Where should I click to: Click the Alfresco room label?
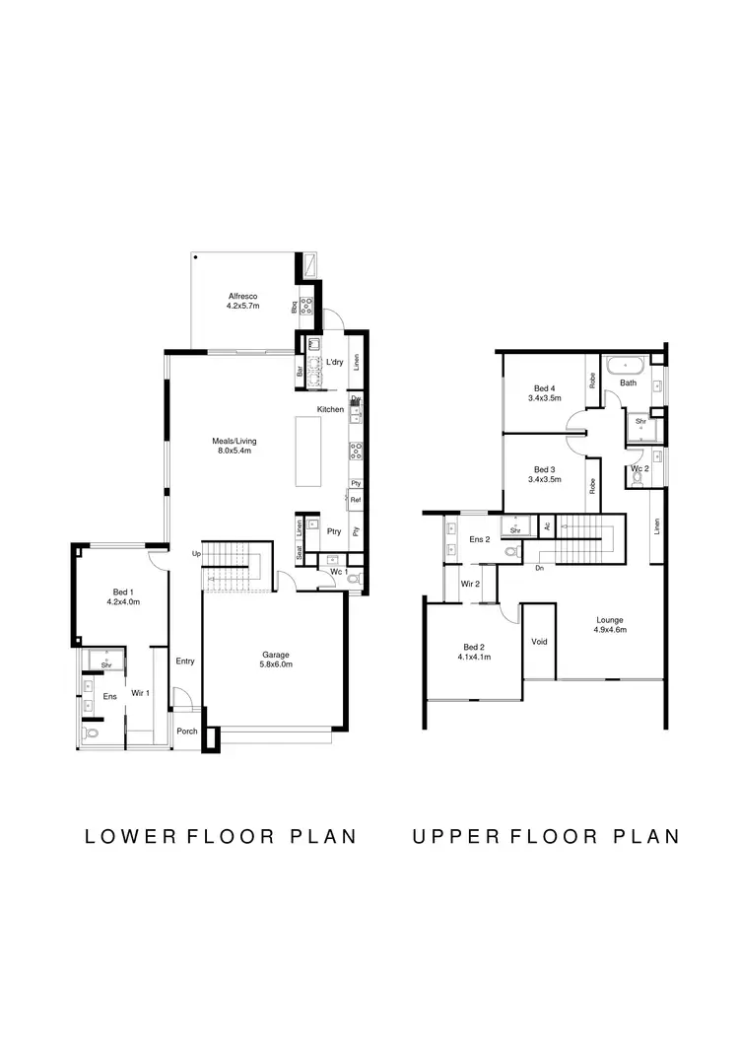click(x=242, y=296)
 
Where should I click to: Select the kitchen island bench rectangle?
click(x=309, y=450)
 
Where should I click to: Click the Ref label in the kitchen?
click(x=356, y=501)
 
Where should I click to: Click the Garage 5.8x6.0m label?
click(x=277, y=660)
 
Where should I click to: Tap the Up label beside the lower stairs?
click(x=196, y=554)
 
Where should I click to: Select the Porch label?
click(x=186, y=732)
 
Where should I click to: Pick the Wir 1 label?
click(x=142, y=693)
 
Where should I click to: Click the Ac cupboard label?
click(x=546, y=526)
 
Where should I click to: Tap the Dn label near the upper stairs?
click(x=540, y=568)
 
